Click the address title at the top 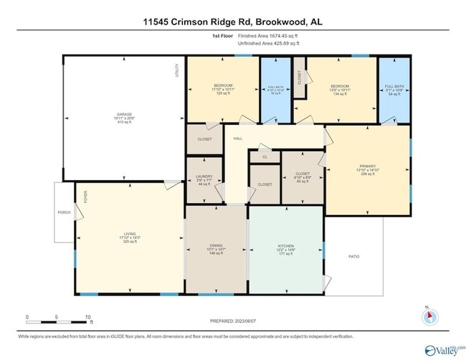(x=232, y=22)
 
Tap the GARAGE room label (x=124, y=118)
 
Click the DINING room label (x=216, y=248)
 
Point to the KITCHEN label (x=285, y=248)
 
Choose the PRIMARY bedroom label (x=367, y=170)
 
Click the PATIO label (x=353, y=256)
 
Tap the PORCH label (x=64, y=213)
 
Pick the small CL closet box (x=265, y=156)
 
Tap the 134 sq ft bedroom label (x=341, y=90)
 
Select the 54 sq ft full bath (x=394, y=90)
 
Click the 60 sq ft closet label (x=302, y=176)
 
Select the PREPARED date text (x=233, y=321)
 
